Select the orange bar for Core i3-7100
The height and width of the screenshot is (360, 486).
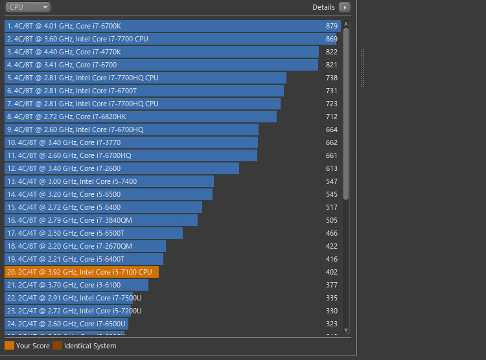click(x=81, y=272)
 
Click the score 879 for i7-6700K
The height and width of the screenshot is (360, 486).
click(x=332, y=26)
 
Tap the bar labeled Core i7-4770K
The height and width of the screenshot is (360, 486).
click(x=161, y=52)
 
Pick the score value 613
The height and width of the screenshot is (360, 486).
click(x=332, y=168)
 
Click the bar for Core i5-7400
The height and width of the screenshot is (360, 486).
click(x=109, y=181)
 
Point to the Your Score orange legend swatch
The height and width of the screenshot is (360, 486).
click(x=9, y=346)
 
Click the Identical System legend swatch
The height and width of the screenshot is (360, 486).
click(x=58, y=346)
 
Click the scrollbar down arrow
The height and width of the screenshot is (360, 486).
click(x=346, y=330)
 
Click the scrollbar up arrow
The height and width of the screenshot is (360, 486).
click(x=346, y=24)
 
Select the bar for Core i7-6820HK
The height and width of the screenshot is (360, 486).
click(x=140, y=117)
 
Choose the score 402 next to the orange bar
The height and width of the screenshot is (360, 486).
click(x=332, y=272)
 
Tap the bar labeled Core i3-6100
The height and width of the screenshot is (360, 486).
click(x=76, y=285)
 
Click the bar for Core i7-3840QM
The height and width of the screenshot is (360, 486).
click(x=100, y=220)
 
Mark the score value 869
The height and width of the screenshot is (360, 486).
click(x=332, y=39)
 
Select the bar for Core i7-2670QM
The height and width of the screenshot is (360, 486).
click(x=85, y=246)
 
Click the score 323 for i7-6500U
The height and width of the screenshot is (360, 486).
click(x=332, y=324)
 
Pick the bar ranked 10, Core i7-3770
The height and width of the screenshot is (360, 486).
click(x=131, y=142)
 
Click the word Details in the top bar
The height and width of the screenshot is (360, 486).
click(x=323, y=7)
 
